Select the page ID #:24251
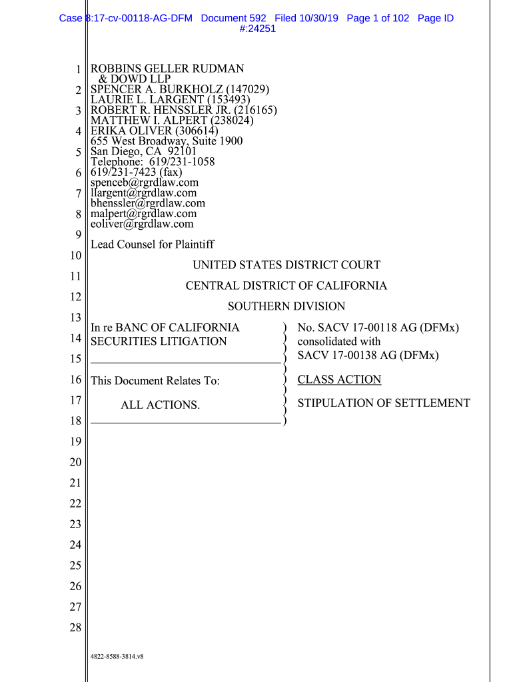click(x=256, y=29)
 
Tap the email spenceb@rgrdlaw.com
click(x=145, y=182)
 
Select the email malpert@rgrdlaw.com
click(x=144, y=214)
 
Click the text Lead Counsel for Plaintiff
click(x=152, y=244)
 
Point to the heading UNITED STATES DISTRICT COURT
click(x=286, y=265)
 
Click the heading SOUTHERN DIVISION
click(x=286, y=306)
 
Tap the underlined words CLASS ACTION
click(x=339, y=380)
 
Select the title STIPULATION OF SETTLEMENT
click(x=384, y=403)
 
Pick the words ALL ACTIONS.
click(x=160, y=405)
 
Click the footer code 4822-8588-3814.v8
click(x=117, y=657)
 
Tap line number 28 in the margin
click(x=75, y=627)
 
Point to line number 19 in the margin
click(x=75, y=442)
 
